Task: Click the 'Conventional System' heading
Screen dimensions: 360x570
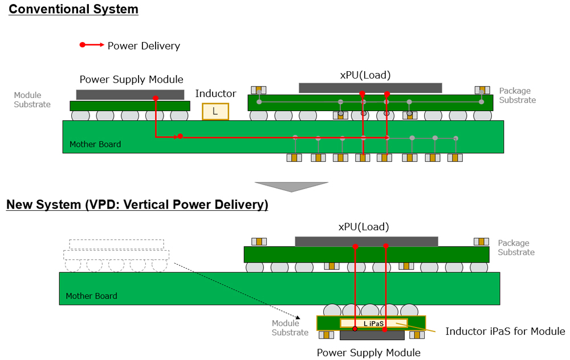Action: coord(74,9)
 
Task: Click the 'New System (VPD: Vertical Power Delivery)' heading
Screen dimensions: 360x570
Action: coord(137,204)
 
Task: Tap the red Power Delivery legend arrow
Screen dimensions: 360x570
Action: coord(92,44)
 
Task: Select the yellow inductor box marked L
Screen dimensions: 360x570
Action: coord(215,112)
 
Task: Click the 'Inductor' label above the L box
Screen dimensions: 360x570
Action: coord(215,93)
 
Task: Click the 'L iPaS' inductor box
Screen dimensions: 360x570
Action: coord(374,323)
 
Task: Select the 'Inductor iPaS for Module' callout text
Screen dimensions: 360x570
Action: coord(505,332)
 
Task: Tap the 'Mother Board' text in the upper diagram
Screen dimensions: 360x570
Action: coord(95,144)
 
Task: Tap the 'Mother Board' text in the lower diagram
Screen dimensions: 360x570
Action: coord(91,296)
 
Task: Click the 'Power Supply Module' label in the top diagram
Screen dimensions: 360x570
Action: coord(131,79)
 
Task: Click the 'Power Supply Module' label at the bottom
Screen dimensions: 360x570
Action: coord(368,353)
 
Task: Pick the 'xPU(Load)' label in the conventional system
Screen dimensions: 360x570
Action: coord(365,75)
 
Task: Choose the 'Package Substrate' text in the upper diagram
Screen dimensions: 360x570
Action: coord(517,95)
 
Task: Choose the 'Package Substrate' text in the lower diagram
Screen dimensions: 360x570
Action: coord(516,248)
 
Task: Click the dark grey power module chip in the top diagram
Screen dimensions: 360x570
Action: coord(130,95)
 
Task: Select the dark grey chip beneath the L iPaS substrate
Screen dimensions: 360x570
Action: coord(369,336)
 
